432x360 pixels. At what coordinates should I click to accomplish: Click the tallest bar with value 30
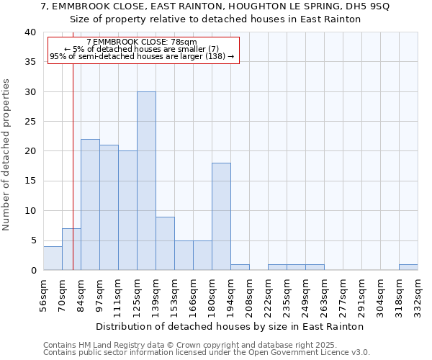pos(146,181)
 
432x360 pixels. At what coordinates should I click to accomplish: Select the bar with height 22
pos(90,204)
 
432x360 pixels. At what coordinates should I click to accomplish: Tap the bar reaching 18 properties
pos(221,216)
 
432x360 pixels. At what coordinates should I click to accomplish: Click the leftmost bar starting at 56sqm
pos(53,258)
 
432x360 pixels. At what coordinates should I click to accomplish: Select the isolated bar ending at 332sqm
pos(408,267)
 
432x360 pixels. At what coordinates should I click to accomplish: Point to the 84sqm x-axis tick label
pos(81,296)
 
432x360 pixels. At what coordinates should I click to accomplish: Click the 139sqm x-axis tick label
pos(156,297)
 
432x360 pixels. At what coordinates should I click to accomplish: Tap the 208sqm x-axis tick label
pos(249,297)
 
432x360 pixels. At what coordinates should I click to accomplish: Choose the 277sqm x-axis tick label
pos(343,297)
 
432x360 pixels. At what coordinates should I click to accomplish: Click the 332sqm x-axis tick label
pos(418,297)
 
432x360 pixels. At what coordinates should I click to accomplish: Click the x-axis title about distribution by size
pos(229,326)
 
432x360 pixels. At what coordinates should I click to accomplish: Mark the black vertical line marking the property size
pos(73,180)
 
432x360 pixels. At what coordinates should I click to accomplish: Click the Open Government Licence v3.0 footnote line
pos(207,353)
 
